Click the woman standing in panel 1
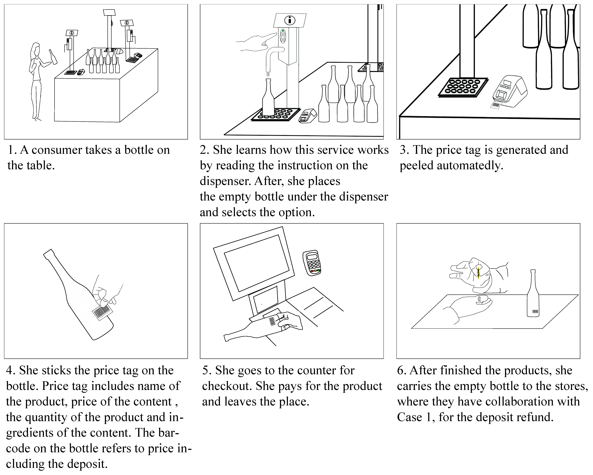[36, 80]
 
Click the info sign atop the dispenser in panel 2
[290, 20]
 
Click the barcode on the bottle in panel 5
[272, 321]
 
